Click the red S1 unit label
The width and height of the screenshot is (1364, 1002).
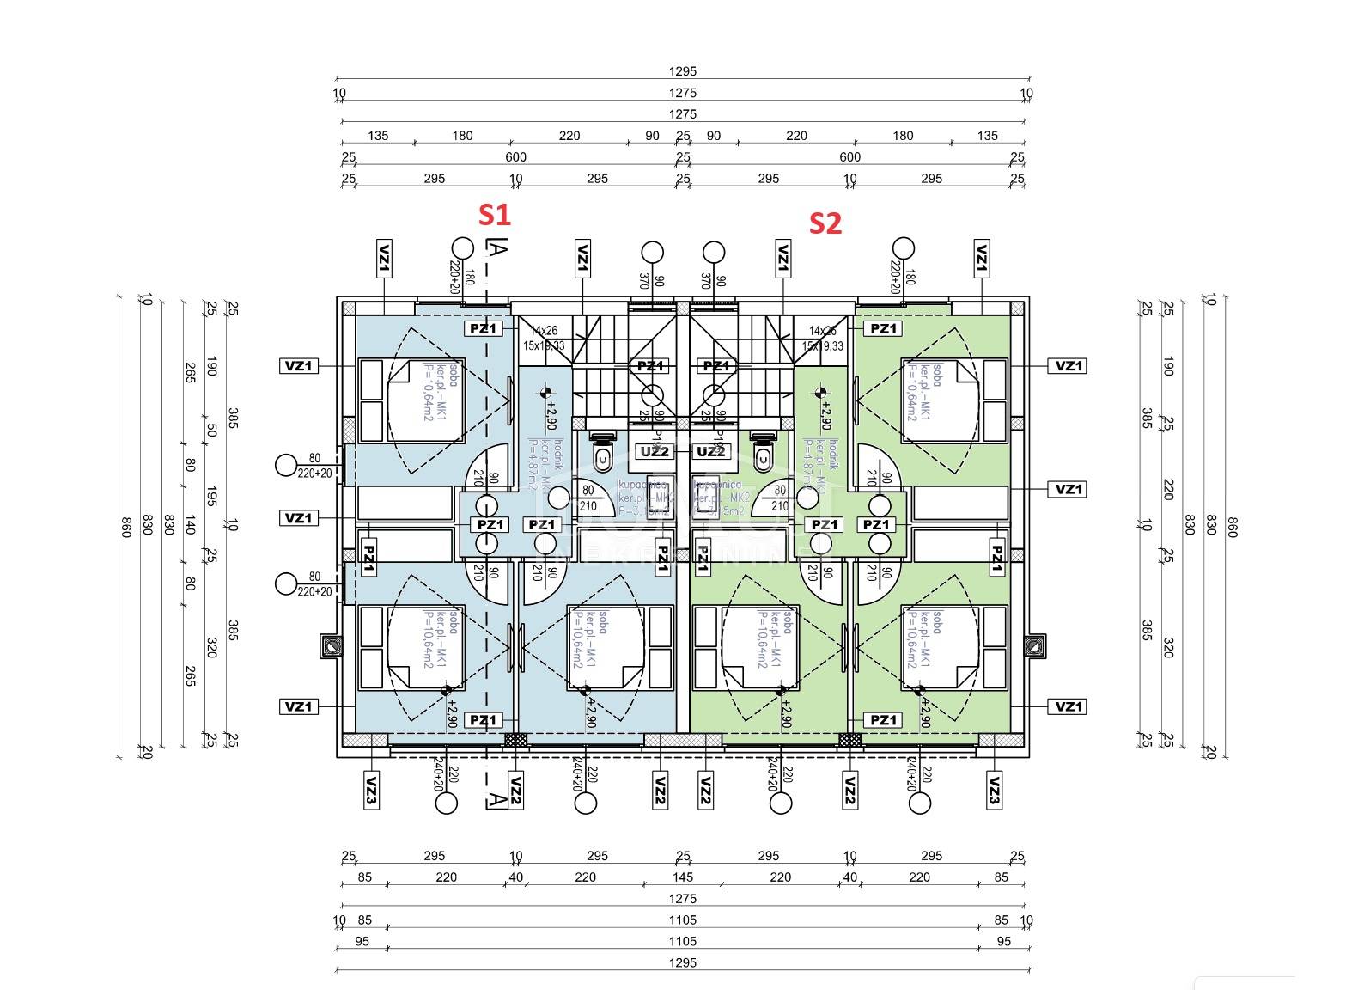(x=494, y=215)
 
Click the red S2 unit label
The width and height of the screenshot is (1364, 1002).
(x=825, y=223)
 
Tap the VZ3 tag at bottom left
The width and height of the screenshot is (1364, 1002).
(x=371, y=789)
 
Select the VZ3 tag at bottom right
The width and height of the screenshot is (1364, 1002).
(x=994, y=789)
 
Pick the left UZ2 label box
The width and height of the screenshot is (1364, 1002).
(x=655, y=452)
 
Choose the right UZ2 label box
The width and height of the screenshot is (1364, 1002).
(x=710, y=452)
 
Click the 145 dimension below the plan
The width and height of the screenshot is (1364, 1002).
(x=683, y=877)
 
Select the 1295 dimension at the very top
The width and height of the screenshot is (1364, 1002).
(x=683, y=71)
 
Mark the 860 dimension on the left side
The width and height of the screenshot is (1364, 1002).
(x=126, y=527)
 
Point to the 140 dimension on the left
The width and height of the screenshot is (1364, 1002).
(x=190, y=524)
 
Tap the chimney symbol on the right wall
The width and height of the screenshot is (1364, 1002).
(x=1036, y=645)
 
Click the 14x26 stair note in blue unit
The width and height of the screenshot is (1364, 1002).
(x=544, y=331)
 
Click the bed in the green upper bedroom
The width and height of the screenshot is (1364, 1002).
(x=939, y=400)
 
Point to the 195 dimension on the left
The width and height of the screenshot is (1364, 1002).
(x=211, y=497)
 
